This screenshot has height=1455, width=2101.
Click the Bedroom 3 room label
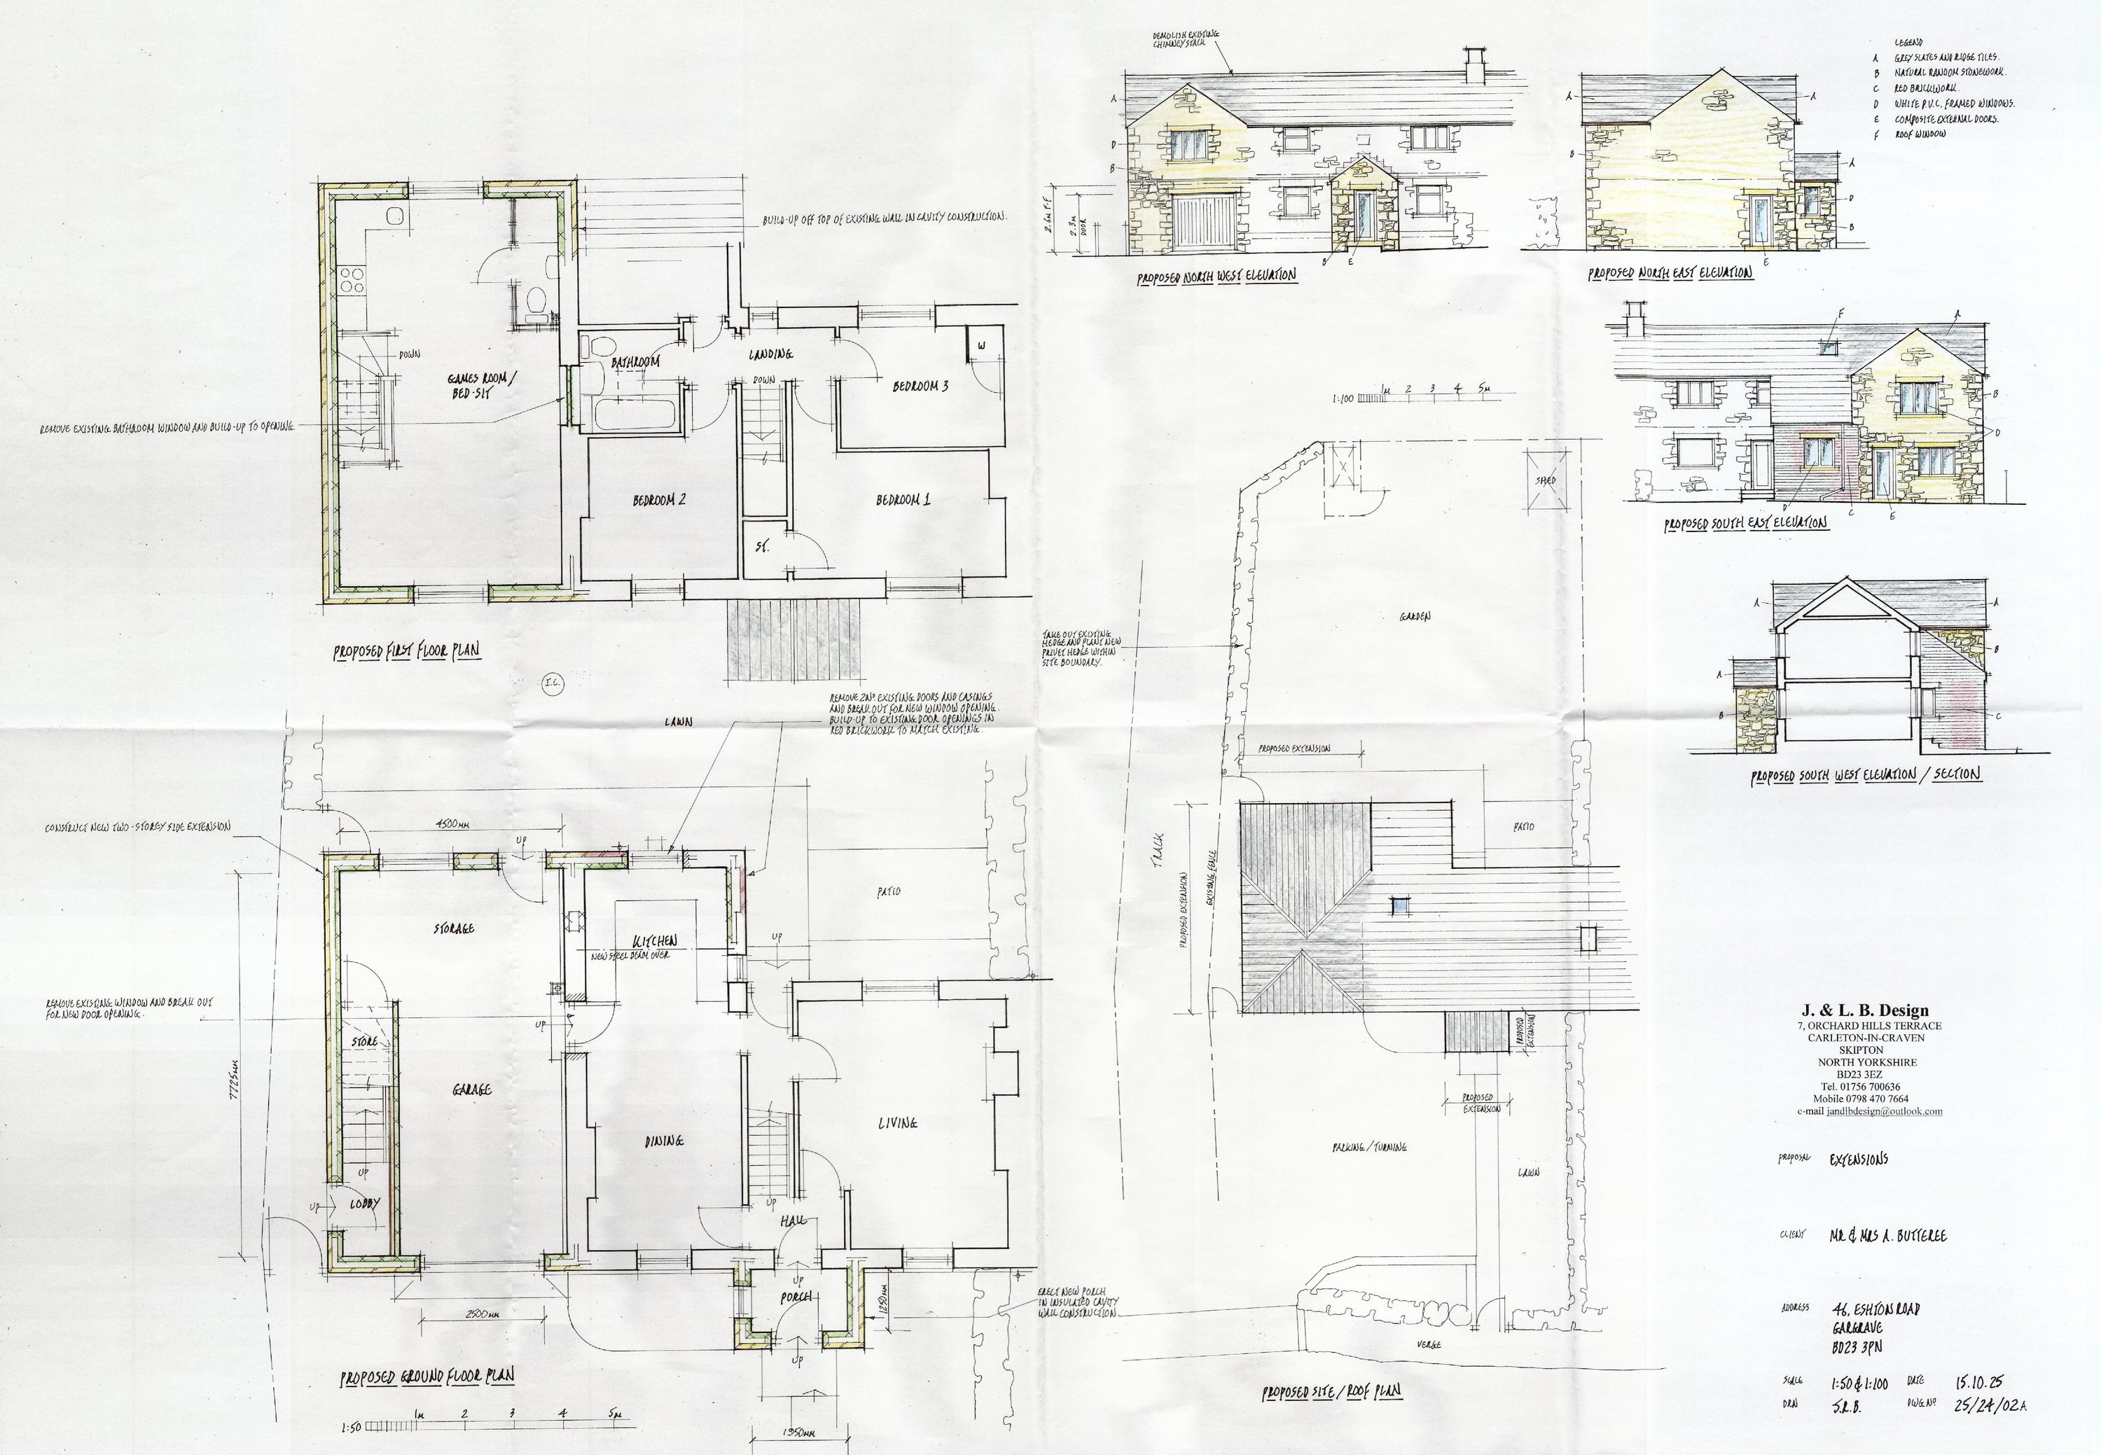pyautogui.click(x=920, y=387)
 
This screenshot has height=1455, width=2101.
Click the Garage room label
pyautogui.click(x=471, y=1089)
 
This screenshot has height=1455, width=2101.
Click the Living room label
pyautogui.click(x=897, y=1124)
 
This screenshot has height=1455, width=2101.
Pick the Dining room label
pyautogui.click(x=664, y=1141)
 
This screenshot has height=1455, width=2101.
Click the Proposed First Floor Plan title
pyautogui.click(x=407, y=652)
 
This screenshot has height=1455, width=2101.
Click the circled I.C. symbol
pyautogui.click(x=553, y=685)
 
